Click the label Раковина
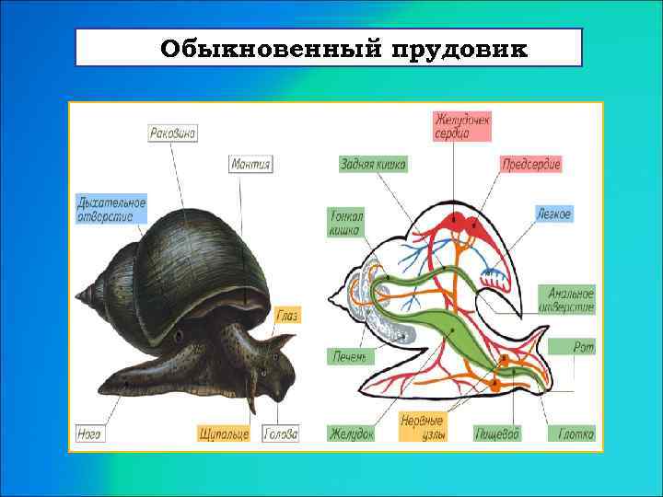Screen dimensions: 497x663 173,133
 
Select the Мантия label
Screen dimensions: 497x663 250,164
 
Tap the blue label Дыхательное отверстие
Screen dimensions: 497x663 111,210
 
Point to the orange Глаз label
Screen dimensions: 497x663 286,315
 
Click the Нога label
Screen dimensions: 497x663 89,433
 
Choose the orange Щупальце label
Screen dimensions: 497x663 224,433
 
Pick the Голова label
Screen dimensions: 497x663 281,433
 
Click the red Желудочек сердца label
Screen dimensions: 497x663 462,126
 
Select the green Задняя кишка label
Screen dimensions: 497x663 373,164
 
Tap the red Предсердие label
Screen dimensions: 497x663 531,164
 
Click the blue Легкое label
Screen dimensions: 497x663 554,214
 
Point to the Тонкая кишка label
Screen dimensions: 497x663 346,222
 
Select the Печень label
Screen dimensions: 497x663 352,356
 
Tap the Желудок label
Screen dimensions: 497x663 352,433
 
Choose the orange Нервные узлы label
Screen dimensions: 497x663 422,426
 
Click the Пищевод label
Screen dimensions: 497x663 498,433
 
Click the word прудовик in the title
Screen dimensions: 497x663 459,48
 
